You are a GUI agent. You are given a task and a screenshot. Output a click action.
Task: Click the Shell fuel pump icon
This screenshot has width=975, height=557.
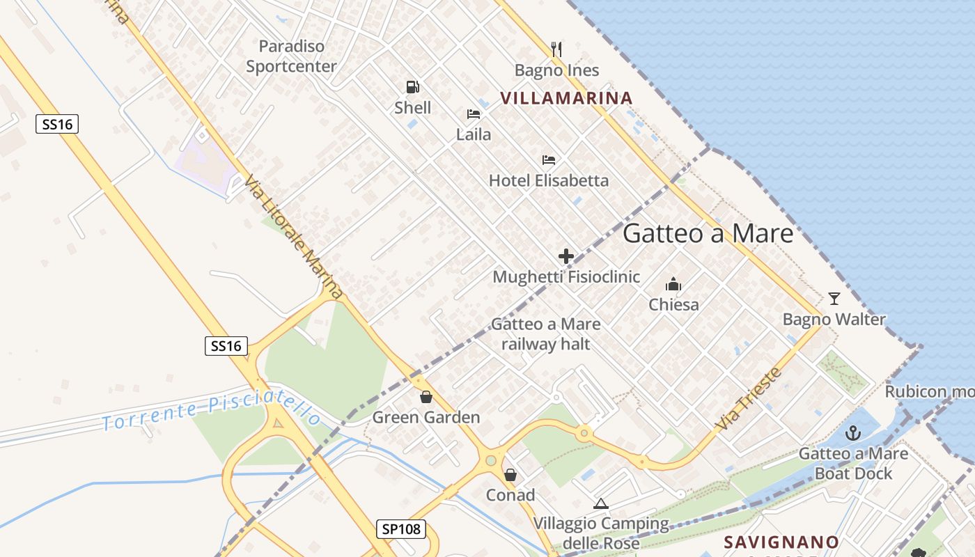click(x=413, y=87)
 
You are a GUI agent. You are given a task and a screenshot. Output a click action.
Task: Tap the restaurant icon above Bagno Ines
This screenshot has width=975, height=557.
click(x=556, y=49)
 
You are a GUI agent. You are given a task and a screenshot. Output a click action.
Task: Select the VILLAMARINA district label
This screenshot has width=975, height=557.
click(x=566, y=98)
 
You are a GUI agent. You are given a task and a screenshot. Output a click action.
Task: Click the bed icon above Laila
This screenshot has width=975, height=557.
click(x=474, y=114)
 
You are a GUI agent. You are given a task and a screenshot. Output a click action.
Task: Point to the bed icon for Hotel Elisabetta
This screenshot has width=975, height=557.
click(x=549, y=160)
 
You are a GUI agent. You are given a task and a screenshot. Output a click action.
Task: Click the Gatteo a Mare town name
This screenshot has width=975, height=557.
click(x=708, y=233)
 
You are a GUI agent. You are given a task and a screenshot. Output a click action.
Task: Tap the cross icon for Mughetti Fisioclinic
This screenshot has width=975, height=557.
click(x=566, y=256)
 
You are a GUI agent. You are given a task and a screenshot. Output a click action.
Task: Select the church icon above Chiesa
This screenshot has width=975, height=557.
click(x=673, y=284)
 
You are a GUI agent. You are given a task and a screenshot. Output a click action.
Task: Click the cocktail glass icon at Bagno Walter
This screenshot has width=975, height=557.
click(x=834, y=299)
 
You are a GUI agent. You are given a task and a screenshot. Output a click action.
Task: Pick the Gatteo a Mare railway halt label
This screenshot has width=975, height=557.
click(x=546, y=334)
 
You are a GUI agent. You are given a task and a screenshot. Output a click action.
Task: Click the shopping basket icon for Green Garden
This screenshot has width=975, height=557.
click(x=426, y=397)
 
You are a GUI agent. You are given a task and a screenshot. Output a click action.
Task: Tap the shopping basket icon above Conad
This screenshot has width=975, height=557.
click(x=510, y=475)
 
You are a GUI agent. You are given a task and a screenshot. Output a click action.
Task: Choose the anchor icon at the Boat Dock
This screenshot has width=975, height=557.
click(x=853, y=433)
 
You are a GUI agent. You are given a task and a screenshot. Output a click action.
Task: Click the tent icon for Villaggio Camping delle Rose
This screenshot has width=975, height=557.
click(x=601, y=503)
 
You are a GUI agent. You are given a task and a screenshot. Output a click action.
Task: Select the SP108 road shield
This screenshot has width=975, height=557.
click(x=402, y=529)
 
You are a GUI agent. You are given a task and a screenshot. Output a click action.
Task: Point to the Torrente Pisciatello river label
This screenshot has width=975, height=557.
click(x=212, y=411)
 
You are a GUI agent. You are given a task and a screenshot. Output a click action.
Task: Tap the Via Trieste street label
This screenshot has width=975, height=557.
click(x=749, y=398)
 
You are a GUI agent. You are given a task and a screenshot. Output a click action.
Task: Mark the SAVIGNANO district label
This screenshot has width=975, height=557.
click(x=781, y=542)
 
